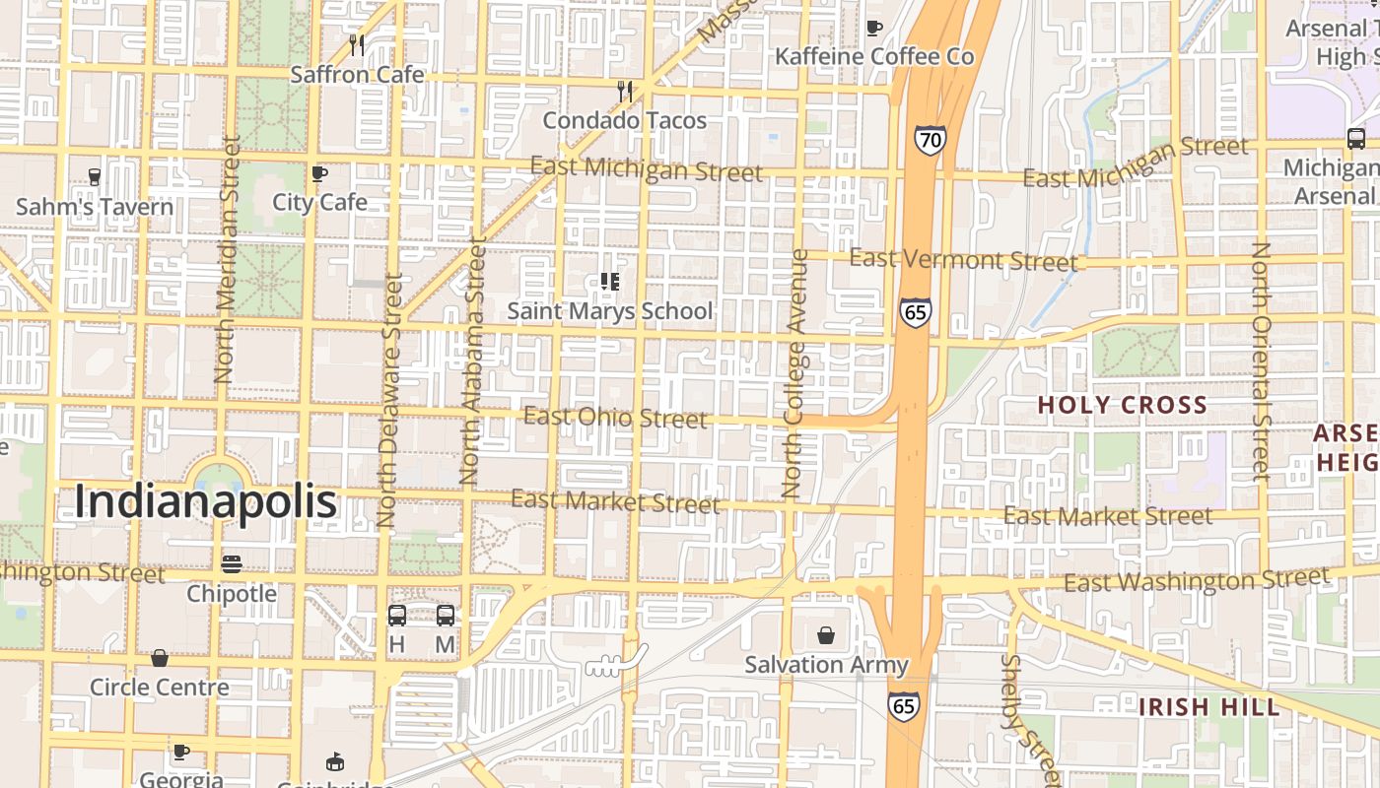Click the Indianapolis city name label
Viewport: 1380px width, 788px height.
tap(206, 502)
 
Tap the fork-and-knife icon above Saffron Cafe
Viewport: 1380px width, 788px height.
tap(357, 44)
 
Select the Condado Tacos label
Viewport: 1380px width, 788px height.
tap(625, 120)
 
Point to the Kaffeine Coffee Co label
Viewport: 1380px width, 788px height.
tap(874, 57)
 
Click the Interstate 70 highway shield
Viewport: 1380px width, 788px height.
tap(929, 140)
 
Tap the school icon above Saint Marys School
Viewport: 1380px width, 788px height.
tap(609, 283)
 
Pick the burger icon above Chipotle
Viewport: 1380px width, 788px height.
tap(232, 564)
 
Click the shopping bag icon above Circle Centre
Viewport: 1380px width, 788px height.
tap(160, 658)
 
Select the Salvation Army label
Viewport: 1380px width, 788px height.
tap(826, 665)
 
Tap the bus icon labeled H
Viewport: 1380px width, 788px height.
tap(397, 616)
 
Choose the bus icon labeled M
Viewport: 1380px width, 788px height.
tap(446, 616)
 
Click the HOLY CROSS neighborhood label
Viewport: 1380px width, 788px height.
tap(1122, 405)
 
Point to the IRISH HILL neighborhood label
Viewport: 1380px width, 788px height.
tap(1209, 706)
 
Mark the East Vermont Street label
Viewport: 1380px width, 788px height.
tap(963, 260)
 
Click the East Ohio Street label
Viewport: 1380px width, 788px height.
tap(615, 418)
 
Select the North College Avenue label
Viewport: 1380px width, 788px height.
tap(794, 372)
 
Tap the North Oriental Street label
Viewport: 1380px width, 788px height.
tap(1260, 361)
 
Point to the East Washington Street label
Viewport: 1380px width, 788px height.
tap(1197, 581)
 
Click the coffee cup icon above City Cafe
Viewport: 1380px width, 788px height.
tap(319, 174)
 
